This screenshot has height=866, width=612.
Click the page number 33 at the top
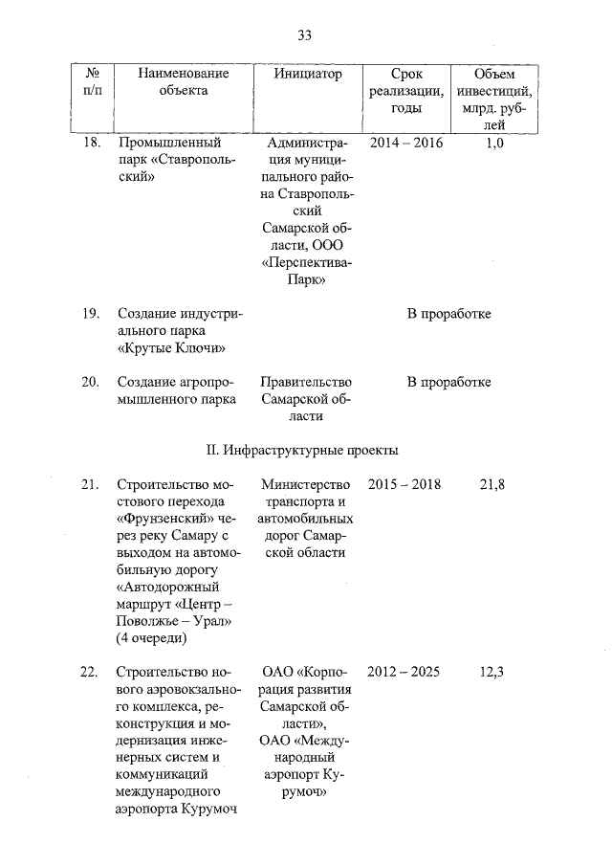coord(305,35)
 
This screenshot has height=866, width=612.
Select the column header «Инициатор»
coord(307,74)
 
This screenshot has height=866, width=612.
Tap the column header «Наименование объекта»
coord(184,82)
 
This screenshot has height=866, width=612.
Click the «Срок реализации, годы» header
coord(418,91)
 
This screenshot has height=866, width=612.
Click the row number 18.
coord(92,143)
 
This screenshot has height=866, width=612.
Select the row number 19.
coord(92,314)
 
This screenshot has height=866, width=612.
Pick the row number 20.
coord(92,382)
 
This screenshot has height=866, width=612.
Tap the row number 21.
coord(92,485)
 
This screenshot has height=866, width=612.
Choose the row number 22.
coord(92,672)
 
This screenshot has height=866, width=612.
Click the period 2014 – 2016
coord(405,143)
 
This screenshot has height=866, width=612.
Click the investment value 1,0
coord(494,143)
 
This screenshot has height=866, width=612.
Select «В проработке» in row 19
coord(448,314)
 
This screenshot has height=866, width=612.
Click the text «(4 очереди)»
coord(152,638)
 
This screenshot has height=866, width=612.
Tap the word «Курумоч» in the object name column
coord(209,809)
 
